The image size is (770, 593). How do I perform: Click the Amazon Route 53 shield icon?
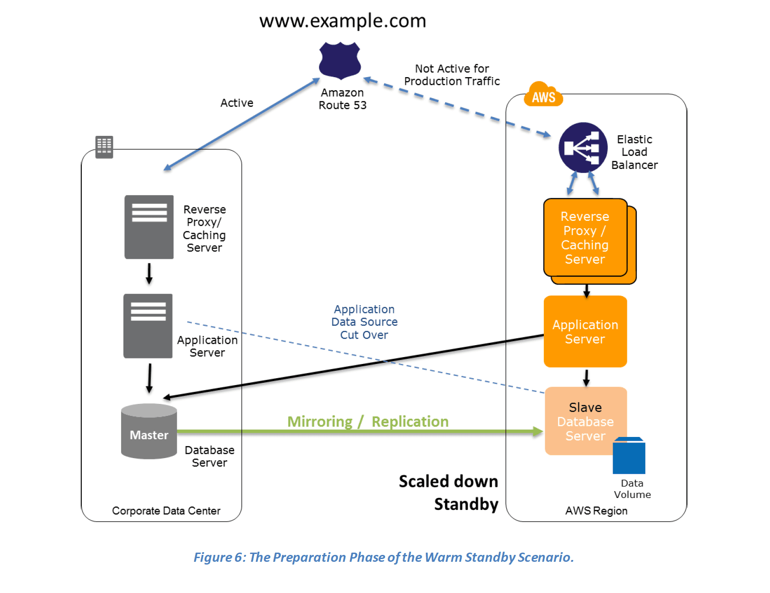[x=340, y=60]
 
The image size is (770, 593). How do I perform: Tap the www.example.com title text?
[x=342, y=21]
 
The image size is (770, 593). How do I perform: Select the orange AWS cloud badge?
[x=543, y=95]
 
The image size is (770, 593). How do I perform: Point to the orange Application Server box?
[x=585, y=331]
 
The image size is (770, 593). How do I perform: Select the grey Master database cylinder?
[x=149, y=431]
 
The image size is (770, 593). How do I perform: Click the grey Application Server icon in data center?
[x=148, y=326]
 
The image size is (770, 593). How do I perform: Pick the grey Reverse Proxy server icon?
[x=149, y=227]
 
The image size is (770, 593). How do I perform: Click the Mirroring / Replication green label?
[x=368, y=421]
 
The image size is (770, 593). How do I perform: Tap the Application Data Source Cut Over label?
[x=364, y=322]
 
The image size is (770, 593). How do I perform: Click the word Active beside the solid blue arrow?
[x=237, y=103]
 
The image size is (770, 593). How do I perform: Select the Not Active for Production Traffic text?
[x=452, y=75]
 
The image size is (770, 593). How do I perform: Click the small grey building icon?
[x=104, y=147]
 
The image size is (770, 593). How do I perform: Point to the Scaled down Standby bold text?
[x=449, y=492]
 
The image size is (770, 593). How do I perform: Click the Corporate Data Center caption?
[x=166, y=511]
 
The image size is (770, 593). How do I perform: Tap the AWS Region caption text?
[x=596, y=511]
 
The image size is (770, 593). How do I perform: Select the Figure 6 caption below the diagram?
[x=384, y=557]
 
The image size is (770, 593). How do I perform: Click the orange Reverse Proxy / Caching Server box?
[x=585, y=238]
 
